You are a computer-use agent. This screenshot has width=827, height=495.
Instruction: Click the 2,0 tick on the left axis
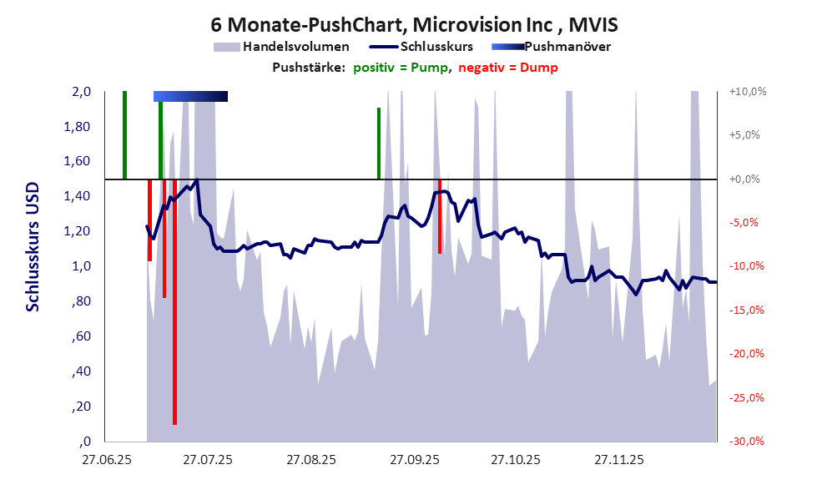point(81,92)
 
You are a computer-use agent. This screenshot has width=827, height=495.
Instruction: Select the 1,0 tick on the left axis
point(81,267)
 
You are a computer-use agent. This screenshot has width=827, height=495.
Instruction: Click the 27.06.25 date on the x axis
point(104,460)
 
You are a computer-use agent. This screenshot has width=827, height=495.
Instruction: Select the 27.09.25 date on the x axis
point(413,460)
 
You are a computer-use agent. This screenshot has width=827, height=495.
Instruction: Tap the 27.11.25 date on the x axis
point(618,460)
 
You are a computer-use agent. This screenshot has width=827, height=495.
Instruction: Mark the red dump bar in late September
point(440,216)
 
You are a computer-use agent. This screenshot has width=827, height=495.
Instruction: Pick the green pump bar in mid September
point(378,143)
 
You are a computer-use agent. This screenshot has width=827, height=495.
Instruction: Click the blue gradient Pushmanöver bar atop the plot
point(190,97)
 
